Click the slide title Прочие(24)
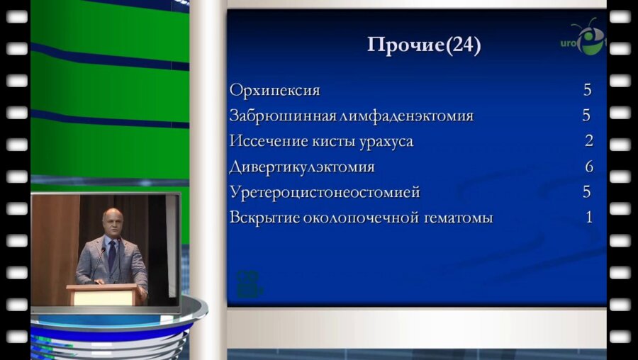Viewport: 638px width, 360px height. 424,45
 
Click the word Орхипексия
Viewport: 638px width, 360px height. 274,91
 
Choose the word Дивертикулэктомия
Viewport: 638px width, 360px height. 302,167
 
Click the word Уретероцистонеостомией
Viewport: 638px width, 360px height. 325,193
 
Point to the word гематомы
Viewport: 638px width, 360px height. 458,218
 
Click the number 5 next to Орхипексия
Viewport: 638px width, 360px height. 587,90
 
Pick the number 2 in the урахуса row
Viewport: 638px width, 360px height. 588,141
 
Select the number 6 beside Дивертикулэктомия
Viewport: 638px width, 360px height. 588,167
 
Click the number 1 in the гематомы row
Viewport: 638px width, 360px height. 588,218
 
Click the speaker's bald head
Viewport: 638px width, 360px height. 112,218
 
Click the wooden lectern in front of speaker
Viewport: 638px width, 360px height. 105,293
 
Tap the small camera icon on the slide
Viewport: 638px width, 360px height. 249,279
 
